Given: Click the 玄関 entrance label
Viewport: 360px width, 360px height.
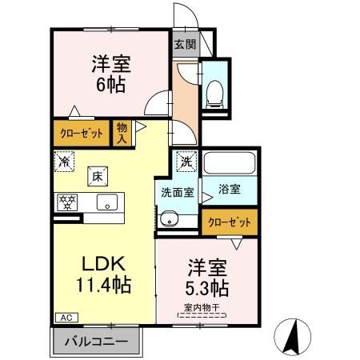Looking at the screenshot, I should coord(184,45).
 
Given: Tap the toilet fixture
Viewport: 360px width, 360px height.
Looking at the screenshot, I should coord(214,91).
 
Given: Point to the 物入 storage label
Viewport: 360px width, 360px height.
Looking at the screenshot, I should coord(122,132).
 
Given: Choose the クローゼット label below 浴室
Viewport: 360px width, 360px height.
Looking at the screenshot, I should coord(230,222).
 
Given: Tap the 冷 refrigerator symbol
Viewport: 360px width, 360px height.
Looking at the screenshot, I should coord(65,161).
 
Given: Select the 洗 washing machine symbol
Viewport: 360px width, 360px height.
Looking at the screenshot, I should coord(185,160).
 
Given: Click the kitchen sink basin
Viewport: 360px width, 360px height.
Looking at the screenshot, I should coord(106,202).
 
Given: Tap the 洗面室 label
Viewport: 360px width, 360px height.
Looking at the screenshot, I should coord(175,191).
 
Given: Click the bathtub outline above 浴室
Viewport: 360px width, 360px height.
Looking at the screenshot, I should coord(229,165).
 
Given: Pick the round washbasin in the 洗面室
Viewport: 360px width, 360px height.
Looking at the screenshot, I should coord(167,220).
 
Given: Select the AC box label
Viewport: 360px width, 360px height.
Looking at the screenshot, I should coord(63,318).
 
